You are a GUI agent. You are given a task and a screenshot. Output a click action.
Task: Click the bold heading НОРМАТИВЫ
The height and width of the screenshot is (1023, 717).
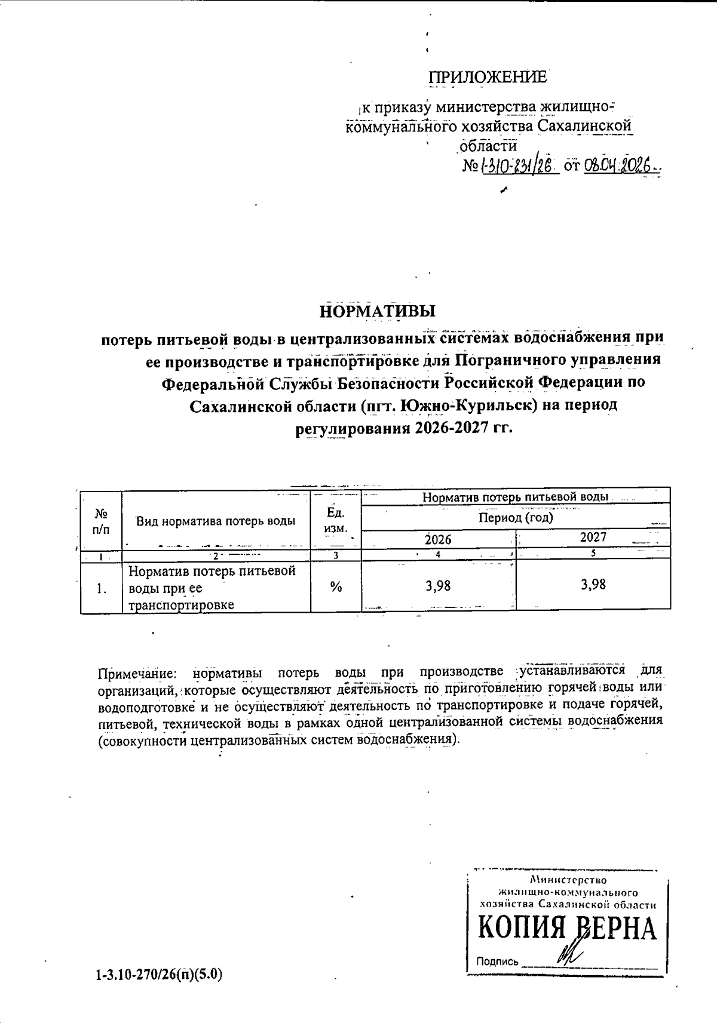(378, 312)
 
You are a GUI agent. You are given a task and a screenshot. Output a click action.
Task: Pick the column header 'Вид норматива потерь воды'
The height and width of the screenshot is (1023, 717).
(216, 521)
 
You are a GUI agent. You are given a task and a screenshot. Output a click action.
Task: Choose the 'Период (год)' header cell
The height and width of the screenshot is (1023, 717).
(516, 517)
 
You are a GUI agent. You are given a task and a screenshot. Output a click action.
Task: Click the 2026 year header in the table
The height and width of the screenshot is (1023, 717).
(438, 539)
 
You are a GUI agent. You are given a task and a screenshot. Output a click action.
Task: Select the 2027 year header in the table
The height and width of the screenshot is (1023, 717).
(593, 537)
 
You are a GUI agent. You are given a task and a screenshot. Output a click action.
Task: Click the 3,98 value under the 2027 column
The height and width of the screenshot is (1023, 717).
(593, 584)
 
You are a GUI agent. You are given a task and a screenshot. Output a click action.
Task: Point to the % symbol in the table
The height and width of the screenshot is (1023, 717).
(336, 587)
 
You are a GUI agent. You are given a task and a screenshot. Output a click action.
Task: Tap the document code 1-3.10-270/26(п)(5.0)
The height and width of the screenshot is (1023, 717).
(158, 975)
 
